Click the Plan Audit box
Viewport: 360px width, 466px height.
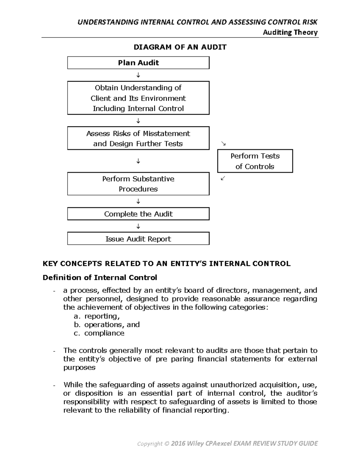[138, 63]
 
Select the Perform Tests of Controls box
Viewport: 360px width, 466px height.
[255, 161]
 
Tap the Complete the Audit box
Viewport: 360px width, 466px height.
[138, 214]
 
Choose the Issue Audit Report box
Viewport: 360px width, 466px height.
[138, 239]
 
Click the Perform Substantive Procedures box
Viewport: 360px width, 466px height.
[138, 184]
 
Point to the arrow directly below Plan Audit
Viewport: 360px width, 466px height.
[138, 75]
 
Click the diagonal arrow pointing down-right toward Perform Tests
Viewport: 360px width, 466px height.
[223, 144]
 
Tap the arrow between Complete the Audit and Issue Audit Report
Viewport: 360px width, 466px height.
[138, 226]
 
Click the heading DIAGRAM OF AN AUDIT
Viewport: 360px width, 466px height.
[180, 47]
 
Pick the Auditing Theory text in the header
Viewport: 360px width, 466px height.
[290, 32]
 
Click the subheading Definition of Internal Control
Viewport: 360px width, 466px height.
[100, 278]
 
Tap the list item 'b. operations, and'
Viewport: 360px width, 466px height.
[107, 325]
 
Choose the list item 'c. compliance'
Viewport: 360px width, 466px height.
[99, 333]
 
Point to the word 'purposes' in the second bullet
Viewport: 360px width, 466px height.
[79, 368]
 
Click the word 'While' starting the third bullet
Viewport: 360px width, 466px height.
[73, 385]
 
